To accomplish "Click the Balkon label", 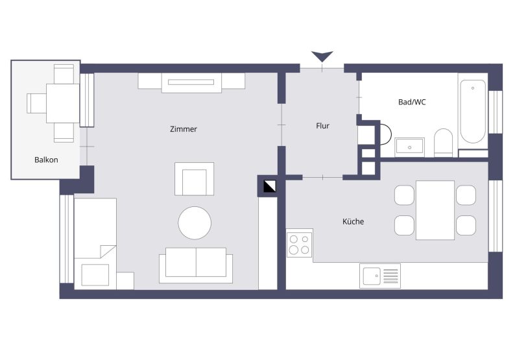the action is pos(46,160).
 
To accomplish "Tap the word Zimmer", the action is pos(184,129).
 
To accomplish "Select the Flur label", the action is pos(322,126).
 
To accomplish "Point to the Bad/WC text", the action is pos(412,102).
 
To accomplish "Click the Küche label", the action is pos(353,222).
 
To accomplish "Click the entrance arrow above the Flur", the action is pos(322,56).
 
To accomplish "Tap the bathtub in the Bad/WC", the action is pos(473,112).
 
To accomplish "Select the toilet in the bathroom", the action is pos(444,143).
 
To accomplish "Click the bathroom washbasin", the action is pos(409,147).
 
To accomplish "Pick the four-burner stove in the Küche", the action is pos(299,245).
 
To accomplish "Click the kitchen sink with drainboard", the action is pos(380,276).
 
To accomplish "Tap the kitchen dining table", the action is pos(435,210).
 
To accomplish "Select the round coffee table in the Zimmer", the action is pos(195,222).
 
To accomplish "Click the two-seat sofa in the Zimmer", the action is pos(196,265).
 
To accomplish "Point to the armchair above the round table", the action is pos(194,179).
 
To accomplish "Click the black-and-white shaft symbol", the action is pos(270,186).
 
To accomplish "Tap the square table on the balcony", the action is pos(63,103).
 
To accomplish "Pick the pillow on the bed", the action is pos(95,274).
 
